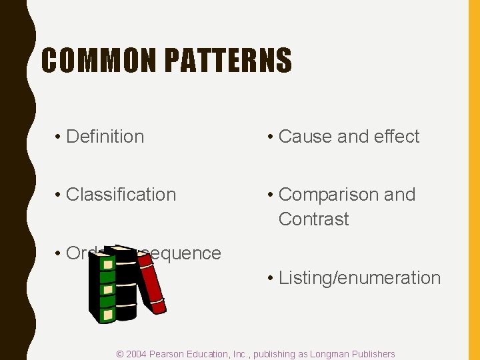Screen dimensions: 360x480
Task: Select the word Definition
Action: [105, 137]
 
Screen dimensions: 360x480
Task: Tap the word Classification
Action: [121, 195]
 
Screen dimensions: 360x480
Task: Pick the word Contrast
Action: [313, 219]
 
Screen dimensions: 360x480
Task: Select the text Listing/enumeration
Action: [359, 278]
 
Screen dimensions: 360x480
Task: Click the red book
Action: [151, 283]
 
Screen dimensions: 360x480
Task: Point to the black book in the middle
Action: [125, 283]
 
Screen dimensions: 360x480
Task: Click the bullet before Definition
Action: [59, 137]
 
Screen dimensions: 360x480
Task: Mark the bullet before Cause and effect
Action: [271, 137]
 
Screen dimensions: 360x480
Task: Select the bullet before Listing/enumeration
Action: [271, 278]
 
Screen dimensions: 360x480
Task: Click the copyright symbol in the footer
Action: [120, 354]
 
